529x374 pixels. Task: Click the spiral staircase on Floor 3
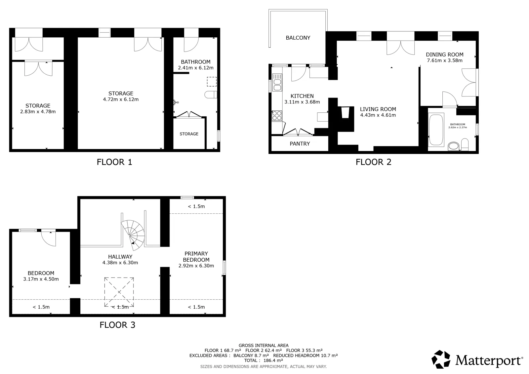click(x=133, y=235)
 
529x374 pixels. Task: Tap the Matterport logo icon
click(x=441, y=359)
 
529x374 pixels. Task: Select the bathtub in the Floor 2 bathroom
click(x=436, y=130)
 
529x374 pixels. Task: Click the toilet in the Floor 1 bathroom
click(x=210, y=94)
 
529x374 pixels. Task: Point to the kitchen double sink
click(x=277, y=83)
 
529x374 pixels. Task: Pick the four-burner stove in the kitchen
click(x=277, y=116)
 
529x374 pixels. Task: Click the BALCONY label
click(x=298, y=38)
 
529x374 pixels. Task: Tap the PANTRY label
click(x=300, y=144)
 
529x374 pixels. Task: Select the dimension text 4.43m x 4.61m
click(x=378, y=115)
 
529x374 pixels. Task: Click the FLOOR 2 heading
click(x=373, y=162)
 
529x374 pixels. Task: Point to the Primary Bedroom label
click(x=196, y=256)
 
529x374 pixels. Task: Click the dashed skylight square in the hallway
click(x=119, y=292)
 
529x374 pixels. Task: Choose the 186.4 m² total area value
click(x=273, y=360)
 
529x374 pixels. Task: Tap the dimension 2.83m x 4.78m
click(x=38, y=112)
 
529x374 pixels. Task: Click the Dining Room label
click(x=444, y=55)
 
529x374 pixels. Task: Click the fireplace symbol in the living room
click(x=345, y=113)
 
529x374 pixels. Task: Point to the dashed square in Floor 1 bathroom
click(x=212, y=82)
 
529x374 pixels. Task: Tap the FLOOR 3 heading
click(x=117, y=325)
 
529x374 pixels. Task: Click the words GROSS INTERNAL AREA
click(x=263, y=346)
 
